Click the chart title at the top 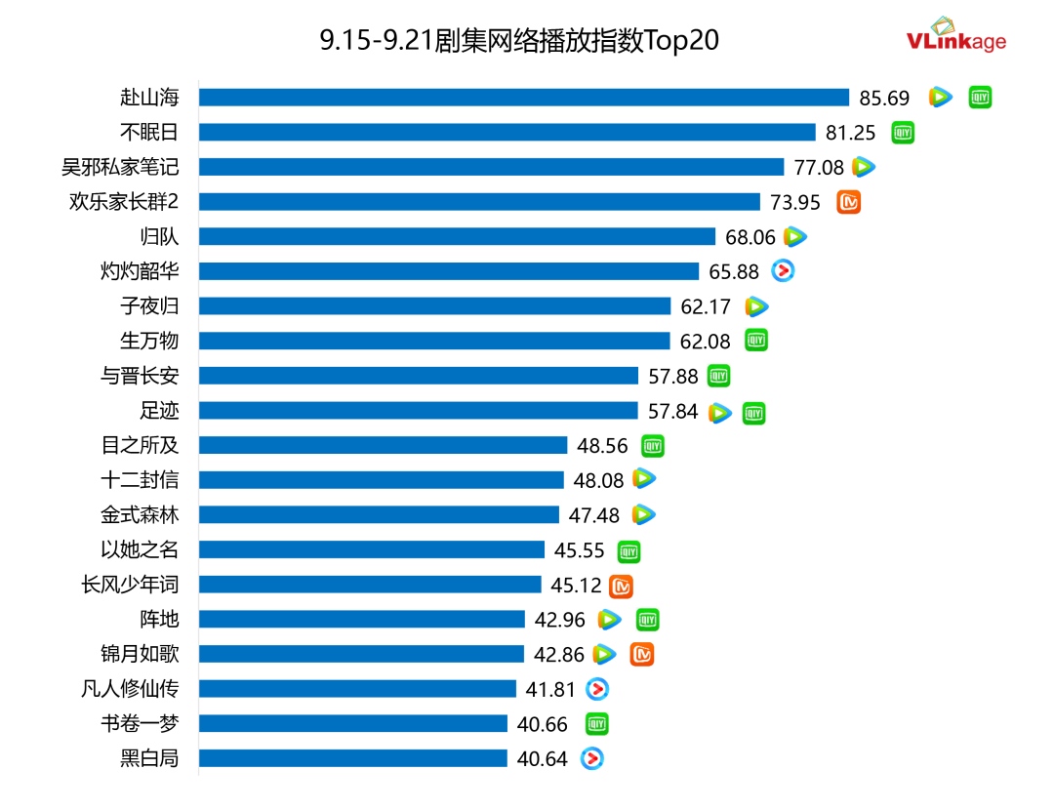519,40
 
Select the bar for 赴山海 524,98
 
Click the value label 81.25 852,133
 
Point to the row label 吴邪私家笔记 120,167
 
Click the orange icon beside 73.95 849,202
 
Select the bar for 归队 458,237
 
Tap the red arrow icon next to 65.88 783,271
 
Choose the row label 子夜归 149,306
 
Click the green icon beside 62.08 756,341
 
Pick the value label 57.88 673,376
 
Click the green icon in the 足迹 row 753,413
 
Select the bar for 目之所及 383,445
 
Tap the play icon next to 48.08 644,479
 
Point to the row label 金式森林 140,514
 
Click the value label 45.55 580,550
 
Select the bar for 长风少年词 370,585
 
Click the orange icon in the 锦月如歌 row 641,655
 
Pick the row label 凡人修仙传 130,689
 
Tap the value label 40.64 543,758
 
